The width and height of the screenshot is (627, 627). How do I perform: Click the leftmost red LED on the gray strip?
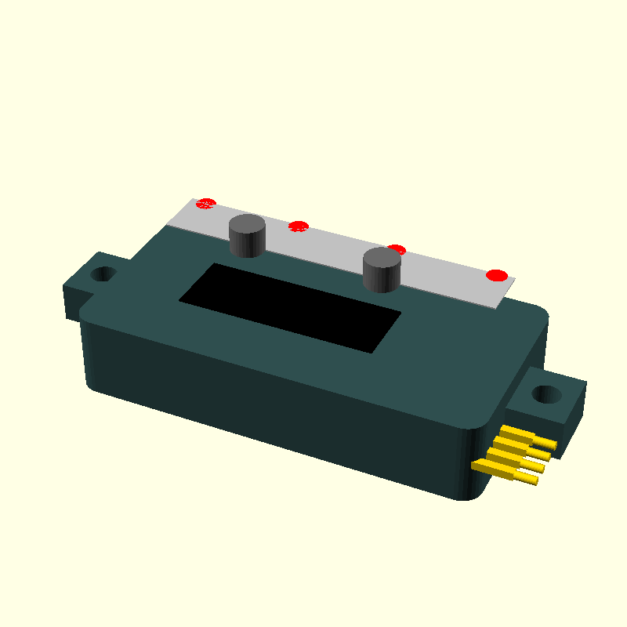pos(205,204)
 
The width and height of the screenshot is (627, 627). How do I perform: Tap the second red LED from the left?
pos(298,227)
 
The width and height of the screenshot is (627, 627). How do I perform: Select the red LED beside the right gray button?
pos(397,250)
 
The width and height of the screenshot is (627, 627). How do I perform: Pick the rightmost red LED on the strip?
pos(496,275)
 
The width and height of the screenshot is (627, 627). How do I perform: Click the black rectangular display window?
pos(290,306)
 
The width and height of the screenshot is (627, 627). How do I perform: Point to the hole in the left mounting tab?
pos(102,275)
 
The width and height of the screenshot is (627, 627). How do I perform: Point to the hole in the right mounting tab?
pos(548,393)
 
